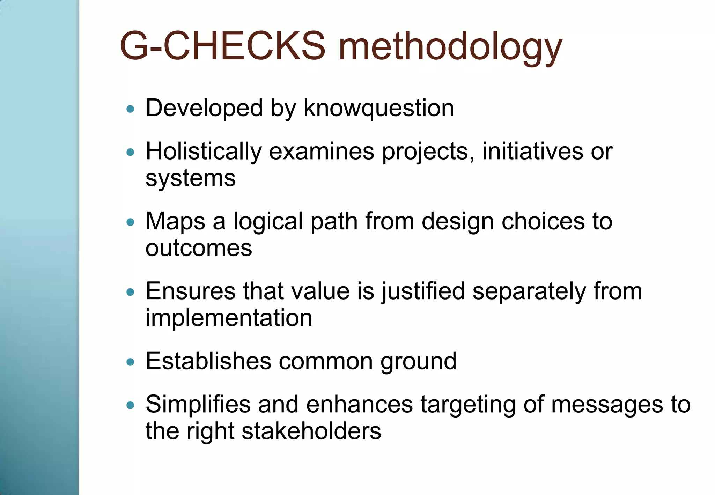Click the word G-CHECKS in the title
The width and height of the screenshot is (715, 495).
[222, 46]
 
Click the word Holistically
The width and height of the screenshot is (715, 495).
[204, 152]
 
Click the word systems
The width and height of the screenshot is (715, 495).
[191, 179]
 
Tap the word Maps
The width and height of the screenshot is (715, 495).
[175, 222]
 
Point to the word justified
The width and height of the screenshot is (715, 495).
[423, 291]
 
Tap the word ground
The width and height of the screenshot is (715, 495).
[418, 362]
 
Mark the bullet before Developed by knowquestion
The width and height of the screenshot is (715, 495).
[131, 109]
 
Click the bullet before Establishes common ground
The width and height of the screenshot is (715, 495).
[131, 362]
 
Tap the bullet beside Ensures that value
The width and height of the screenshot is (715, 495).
[131, 292]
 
